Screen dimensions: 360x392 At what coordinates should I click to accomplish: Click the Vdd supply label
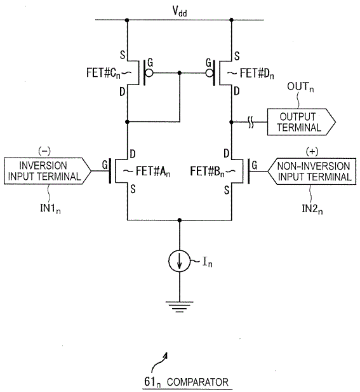pyautogui.click(x=180, y=11)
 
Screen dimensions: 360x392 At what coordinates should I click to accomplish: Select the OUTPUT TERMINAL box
pyautogui.click(x=302, y=122)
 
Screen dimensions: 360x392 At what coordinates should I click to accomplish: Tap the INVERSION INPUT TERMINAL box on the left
pyautogui.click(x=48, y=171)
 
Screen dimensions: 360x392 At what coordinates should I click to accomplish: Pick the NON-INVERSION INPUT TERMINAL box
pyautogui.click(x=312, y=172)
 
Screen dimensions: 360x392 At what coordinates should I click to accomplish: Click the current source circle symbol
pyautogui.click(x=179, y=261)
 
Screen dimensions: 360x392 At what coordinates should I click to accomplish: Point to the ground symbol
pyautogui.click(x=179, y=307)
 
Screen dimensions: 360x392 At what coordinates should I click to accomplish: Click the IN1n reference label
pyautogui.click(x=50, y=208)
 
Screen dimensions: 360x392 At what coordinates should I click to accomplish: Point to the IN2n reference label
pyautogui.click(x=312, y=208)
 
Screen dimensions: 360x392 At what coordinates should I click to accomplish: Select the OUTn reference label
pyautogui.click(x=300, y=87)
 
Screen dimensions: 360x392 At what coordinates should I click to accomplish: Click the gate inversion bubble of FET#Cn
pyautogui.click(x=149, y=73)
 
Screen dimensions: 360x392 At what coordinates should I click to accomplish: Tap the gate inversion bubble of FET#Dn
pyautogui.click(x=210, y=73)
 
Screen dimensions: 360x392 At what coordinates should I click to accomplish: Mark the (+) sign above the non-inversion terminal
pyautogui.click(x=312, y=151)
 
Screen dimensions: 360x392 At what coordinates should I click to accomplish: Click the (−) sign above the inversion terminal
pyautogui.click(x=44, y=151)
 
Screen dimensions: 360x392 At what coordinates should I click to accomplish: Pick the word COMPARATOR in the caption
pyautogui.click(x=197, y=382)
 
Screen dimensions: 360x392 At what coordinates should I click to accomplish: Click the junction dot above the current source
pyautogui.click(x=179, y=220)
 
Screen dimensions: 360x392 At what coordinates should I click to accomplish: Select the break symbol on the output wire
pyautogui.click(x=251, y=122)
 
